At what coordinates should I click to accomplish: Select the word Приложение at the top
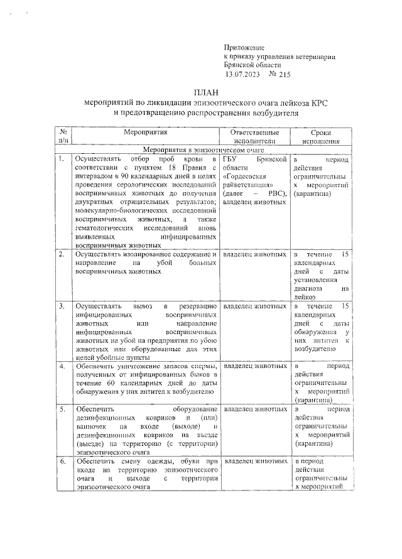click(x=244, y=47)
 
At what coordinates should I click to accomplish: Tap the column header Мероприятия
click(x=145, y=133)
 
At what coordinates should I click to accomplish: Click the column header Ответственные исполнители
click(x=254, y=138)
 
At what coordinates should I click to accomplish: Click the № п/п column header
click(x=63, y=138)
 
